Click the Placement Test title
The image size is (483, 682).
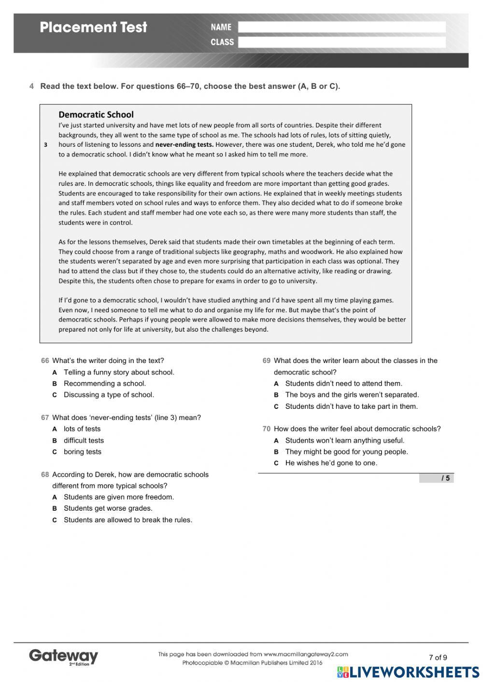93,27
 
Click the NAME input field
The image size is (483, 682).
341,27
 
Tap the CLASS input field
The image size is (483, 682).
341,42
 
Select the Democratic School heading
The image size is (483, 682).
96,114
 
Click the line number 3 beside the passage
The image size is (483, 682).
45,145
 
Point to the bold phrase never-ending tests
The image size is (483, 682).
184,144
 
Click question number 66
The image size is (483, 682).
45,361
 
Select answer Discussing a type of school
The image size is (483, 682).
109,394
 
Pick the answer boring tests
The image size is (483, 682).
83,452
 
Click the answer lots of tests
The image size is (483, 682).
82,429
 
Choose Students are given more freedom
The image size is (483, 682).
119,497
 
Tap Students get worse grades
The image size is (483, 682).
108,508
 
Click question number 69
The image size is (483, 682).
267,361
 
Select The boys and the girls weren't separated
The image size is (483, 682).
352,394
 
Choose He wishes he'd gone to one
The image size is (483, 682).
331,463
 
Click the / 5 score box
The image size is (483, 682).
436,478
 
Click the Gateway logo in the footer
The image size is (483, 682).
63,656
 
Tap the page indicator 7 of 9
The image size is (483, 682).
438,657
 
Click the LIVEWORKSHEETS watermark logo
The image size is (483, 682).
408,672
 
